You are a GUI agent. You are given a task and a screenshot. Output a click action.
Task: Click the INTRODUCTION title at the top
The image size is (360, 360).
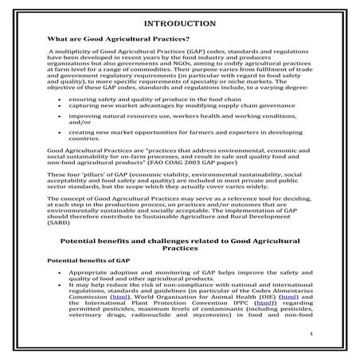(181, 22)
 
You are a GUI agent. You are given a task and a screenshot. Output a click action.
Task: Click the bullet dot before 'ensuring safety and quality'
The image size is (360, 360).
(61, 118)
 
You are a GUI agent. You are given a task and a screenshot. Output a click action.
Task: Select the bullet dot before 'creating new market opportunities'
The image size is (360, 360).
(61, 153)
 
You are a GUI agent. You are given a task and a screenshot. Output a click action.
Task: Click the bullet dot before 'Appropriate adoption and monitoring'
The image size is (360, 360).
(61, 272)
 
